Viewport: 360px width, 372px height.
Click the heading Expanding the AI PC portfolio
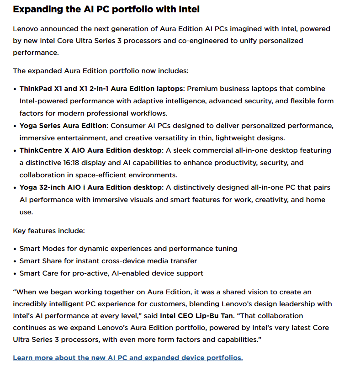pos(106,9)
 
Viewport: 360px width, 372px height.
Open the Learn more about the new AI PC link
pos(128,358)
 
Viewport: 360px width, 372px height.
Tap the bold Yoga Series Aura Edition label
pos(63,126)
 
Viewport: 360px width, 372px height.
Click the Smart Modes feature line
pos(128,249)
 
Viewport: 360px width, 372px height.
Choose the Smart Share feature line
pos(108,261)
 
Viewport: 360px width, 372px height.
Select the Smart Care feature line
pos(111,273)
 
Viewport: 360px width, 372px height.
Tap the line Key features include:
pos(49,231)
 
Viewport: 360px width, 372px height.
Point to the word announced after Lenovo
pos(57,29)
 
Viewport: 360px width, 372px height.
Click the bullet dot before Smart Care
pos(15,274)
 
